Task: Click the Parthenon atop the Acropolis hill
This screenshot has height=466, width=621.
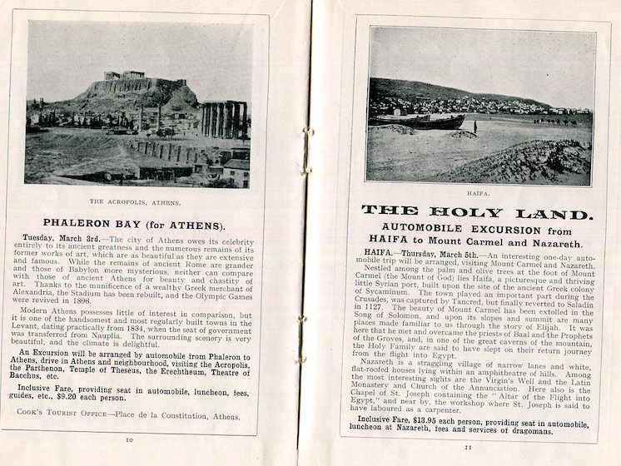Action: click(123, 76)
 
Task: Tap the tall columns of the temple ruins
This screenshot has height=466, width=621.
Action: click(223, 119)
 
